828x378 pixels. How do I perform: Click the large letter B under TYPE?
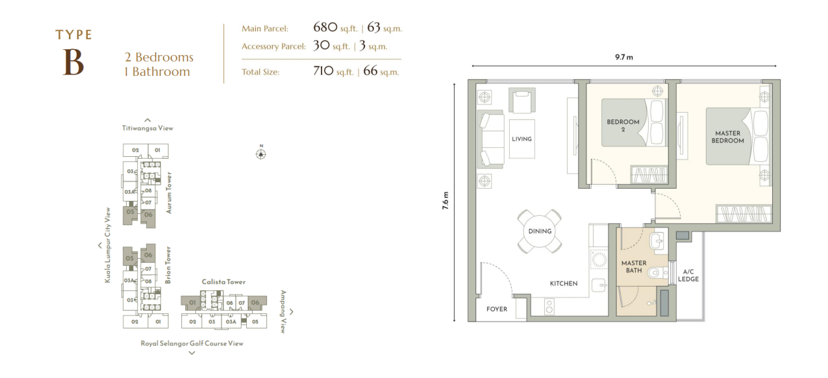point(73,62)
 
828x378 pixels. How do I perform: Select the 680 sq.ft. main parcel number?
point(325,27)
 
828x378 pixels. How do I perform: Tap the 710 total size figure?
point(323,71)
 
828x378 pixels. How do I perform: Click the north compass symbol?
point(261,154)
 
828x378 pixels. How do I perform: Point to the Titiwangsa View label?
point(147,128)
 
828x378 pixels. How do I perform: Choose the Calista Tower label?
point(223,281)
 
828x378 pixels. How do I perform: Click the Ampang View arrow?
point(292,312)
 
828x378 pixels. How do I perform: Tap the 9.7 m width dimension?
point(624,57)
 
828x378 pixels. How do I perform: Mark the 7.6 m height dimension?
point(445,201)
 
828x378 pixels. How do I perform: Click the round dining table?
point(540,231)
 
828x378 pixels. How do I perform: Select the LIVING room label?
point(521,139)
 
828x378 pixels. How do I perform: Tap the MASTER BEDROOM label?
point(727,137)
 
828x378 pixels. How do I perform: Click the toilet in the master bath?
point(657,273)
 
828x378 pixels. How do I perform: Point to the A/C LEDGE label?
point(688,276)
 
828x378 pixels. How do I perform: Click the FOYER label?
point(496,309)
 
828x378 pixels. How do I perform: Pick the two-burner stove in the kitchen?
point(549,307)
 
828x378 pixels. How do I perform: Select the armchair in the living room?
point(522,100)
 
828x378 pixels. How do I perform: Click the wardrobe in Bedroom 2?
point(649,174)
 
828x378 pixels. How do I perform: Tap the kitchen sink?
point(599,286)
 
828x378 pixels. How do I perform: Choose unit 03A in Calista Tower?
point(231,322)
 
